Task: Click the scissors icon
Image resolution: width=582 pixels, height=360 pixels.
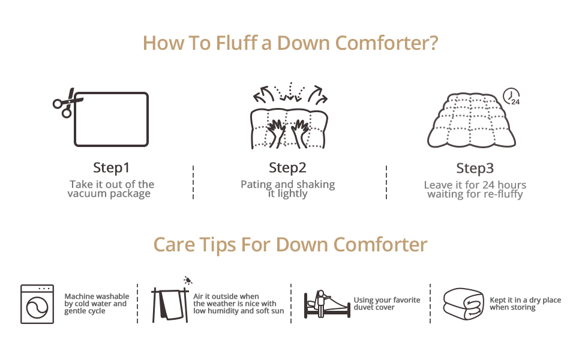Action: pos(64,103)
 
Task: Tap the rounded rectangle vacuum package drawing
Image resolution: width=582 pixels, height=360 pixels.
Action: pos(111,119)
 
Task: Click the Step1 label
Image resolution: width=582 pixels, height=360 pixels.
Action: pos(111,167)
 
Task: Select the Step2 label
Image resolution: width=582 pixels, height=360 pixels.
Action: pos(287,167)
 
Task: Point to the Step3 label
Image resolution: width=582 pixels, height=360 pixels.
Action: pos(475,167)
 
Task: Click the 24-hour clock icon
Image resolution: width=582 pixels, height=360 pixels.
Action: pos(511,97)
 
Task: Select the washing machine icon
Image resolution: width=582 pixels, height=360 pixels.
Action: pos(37,304)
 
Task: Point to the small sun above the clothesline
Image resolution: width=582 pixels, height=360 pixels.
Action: pos(188,280)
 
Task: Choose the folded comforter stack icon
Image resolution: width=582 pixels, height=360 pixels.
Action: pos(463,304)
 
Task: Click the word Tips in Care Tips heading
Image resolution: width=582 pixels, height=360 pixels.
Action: pos(217,245)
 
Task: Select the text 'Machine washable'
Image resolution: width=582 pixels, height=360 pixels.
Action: pos(97,296)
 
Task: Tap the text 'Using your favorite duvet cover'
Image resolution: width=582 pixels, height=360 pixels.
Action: pos(386,304)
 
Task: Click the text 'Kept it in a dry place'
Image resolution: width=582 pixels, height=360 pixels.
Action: pos(525,300)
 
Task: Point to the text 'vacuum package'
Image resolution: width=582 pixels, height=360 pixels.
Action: pos(109,194)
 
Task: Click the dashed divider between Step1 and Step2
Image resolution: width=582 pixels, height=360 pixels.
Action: pos(193,182)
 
